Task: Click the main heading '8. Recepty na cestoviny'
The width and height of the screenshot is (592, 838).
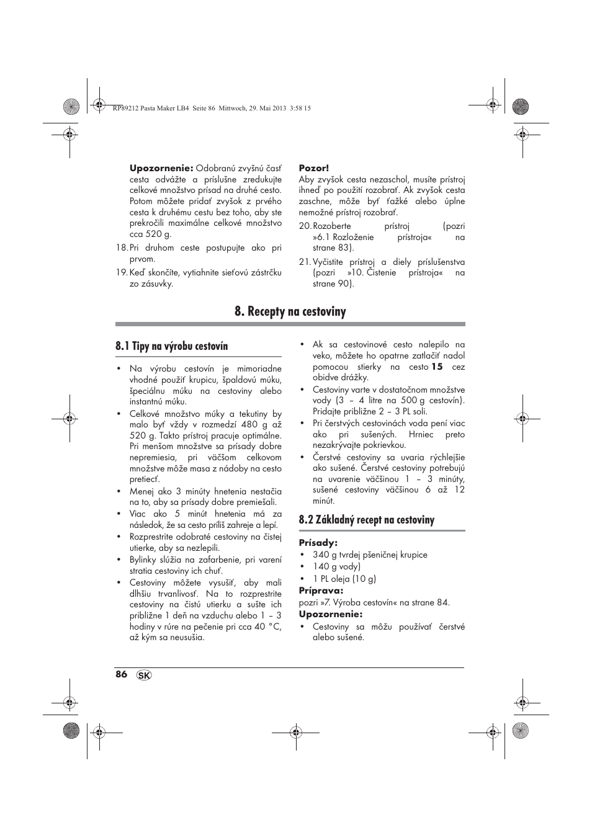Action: point(290,311)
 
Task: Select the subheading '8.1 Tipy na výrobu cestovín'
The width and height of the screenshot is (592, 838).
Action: point(171,346)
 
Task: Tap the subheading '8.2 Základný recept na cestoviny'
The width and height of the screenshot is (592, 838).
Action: point(366,520)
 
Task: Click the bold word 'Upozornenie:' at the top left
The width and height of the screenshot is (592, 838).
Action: point(161,168)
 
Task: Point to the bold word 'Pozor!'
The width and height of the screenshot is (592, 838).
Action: point(314,168)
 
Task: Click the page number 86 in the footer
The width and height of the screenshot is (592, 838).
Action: point(121,674)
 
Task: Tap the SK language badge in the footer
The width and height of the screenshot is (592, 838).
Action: point(144,675)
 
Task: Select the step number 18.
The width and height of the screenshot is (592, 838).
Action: point(121,247)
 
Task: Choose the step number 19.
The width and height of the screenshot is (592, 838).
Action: point(121,272)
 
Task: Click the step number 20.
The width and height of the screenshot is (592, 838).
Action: point(304,226)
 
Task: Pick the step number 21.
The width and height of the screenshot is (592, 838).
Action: point(304,262)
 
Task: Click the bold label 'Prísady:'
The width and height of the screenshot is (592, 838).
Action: point(318,543)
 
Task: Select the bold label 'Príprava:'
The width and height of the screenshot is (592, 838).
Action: point(321,591)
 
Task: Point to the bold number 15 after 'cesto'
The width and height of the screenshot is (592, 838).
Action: point(437,367)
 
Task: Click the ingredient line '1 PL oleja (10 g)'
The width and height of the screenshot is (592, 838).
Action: point(344,579)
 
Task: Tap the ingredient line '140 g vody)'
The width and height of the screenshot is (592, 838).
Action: point(336,566)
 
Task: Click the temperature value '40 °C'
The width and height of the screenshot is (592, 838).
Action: point(267,626)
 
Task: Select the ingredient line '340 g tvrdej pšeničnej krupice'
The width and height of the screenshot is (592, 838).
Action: point(370,555)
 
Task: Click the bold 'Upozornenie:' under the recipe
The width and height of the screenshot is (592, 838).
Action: point(330,614)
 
